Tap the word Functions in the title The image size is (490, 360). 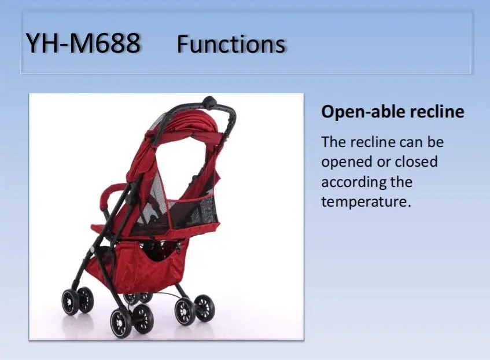click(231, 44)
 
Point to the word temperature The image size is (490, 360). click(366, 202)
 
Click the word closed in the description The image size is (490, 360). click(416, 161)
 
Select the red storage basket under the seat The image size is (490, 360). click(138, 266)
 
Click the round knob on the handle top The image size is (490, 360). click(209, 102)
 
